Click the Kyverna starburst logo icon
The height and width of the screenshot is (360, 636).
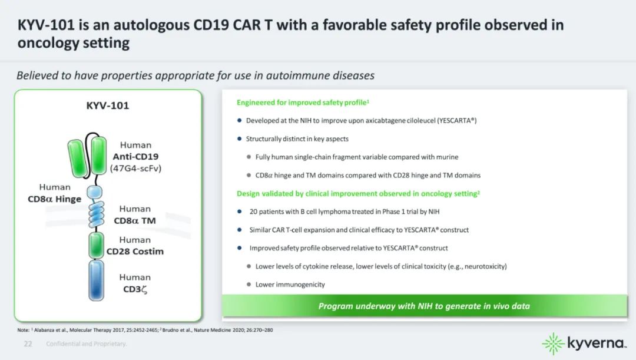click(x=553, y=344)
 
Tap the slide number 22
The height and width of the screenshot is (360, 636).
click(x=28, y=344)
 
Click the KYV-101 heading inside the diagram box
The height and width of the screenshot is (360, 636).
click(x=108, y=105)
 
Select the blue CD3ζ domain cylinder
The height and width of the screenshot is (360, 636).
click(x=96, y=280)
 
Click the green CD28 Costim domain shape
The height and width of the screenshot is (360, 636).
click(x=96, y=245)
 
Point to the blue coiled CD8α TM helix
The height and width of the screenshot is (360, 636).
click(x=96, y=214)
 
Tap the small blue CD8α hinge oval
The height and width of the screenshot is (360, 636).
click(x=95, y=192)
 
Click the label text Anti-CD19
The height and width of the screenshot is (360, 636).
click(x=135, y=157)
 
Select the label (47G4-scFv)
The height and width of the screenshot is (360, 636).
click(x=135, y=168)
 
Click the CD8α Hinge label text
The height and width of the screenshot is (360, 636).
click(x=54, y=199)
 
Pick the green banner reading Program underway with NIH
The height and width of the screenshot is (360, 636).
click(x=424, y=306)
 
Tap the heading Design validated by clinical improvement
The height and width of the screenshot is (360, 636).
click(x=358, y=194)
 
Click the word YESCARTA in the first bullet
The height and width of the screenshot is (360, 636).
click(x=455, y=121)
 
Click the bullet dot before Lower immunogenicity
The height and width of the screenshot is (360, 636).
click(x=249, y=284)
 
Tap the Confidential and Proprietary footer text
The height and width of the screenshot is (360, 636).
click(x=87, y=344)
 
